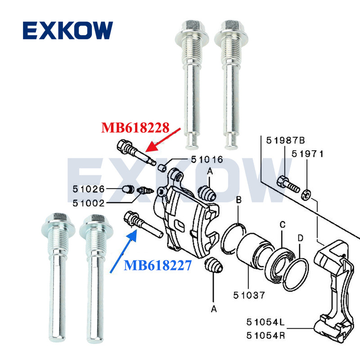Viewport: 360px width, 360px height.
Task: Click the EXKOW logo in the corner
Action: click(x=67, y=30)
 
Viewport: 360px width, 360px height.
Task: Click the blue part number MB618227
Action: click(x=158, y=266)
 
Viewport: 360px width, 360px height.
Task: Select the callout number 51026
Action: click(x=90, y=189)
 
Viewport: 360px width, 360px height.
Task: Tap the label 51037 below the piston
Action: click(x=249, y=296)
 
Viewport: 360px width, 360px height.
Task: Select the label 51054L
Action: click(x=266, y=322)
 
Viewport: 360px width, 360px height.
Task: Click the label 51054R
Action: click(x=266, y=335)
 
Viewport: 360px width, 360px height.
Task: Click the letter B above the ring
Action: click(x=239, y=199)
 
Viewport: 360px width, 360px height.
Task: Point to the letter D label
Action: click(x=301, y=237)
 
